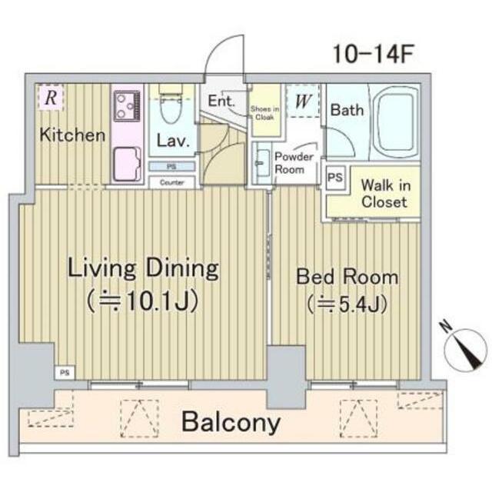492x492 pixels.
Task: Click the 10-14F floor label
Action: pos(374,54)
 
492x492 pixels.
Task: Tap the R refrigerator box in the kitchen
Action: pos(52,98)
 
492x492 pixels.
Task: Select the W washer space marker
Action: pos(303,101)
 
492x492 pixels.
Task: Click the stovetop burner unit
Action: pos(127,106)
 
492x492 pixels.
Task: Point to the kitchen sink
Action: pos(127,164)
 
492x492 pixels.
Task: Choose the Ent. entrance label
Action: pos(221,101)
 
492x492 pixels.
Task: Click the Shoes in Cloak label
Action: pos(264,113)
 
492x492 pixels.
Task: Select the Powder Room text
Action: pos(294,163)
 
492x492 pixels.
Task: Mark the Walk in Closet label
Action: pos(385,193)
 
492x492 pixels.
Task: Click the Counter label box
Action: pos(171,182)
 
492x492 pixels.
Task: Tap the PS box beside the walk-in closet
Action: pos(335,178)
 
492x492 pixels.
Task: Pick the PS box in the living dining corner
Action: pos(65,373)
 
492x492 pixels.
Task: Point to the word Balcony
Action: pos(231,422)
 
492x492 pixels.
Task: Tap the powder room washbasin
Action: pos(262,163)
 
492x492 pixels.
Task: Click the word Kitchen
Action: pos(72,135)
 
